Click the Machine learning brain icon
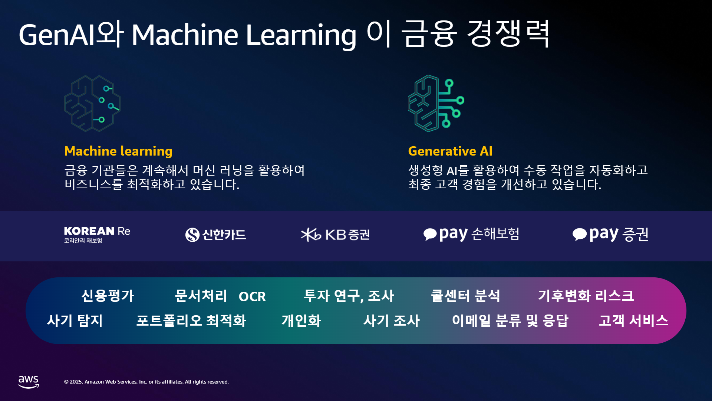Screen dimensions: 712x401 coord(92,104)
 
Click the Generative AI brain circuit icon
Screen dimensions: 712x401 coord(436,103)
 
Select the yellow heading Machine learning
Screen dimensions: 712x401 coord(118,151)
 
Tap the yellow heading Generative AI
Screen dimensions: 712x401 coord(450,151)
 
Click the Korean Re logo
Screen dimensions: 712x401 coord(97,235)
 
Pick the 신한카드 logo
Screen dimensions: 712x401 coord(215,235)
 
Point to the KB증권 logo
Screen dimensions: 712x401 coord(335,235)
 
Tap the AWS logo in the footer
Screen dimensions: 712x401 coord(29,382)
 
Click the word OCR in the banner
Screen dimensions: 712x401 coord(252,297)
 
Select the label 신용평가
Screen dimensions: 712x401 coord(108,296)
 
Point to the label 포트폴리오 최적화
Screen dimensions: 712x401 coord(191,321)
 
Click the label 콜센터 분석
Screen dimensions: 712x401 coord(465,296)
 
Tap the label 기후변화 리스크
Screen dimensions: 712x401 coord(586,296)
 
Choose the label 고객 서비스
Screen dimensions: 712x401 coord(633,321)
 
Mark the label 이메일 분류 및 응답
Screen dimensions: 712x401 coord(510,321)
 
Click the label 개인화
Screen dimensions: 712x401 coord(301,321)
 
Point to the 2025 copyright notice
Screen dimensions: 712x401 coord(146,382)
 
